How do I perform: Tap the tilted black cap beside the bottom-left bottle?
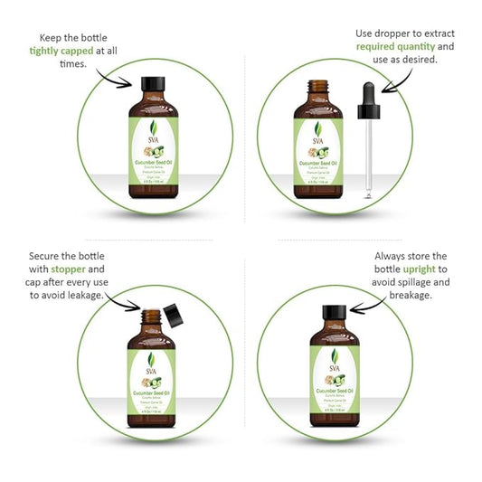[x=174, y=317]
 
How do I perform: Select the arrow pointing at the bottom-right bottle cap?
[x=367, y=307]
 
